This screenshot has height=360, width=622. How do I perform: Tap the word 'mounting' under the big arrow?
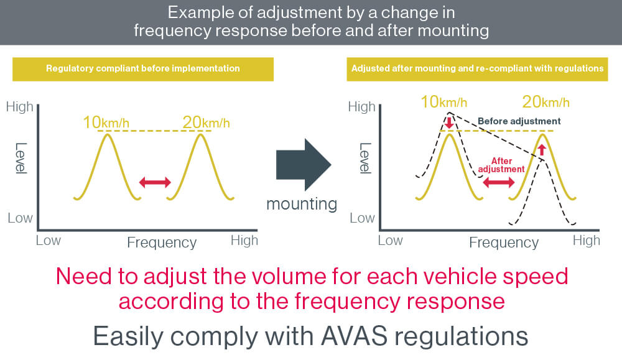[302, 204]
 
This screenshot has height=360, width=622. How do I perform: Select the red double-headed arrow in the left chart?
[155, 182]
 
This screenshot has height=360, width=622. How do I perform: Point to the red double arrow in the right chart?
[499, 182]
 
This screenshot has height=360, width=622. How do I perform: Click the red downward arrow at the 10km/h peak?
[449, 121]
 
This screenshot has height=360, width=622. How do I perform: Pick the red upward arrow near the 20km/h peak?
[542, 149]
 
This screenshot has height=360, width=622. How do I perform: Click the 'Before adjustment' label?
[519, 121]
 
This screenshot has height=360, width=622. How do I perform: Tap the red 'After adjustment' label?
[501, 165]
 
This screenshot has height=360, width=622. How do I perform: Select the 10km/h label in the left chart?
[106, 122]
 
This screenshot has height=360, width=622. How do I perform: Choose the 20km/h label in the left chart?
[206, 122]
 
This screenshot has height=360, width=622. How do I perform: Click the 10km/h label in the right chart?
[444, 102]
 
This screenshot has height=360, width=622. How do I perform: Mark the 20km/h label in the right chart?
[546, 102]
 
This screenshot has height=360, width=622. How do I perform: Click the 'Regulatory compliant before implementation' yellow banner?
[143, 69]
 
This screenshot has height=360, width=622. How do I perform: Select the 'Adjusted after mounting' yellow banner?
[477, 69]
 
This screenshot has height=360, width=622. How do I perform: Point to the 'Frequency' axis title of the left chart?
[162, 242]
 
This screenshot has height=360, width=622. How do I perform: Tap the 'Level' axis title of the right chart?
[365, 158]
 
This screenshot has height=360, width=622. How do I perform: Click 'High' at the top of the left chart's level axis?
[19, 106]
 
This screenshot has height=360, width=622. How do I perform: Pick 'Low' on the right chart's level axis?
[362, 218]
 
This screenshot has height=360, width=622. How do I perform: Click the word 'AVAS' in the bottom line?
[354, 336]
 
